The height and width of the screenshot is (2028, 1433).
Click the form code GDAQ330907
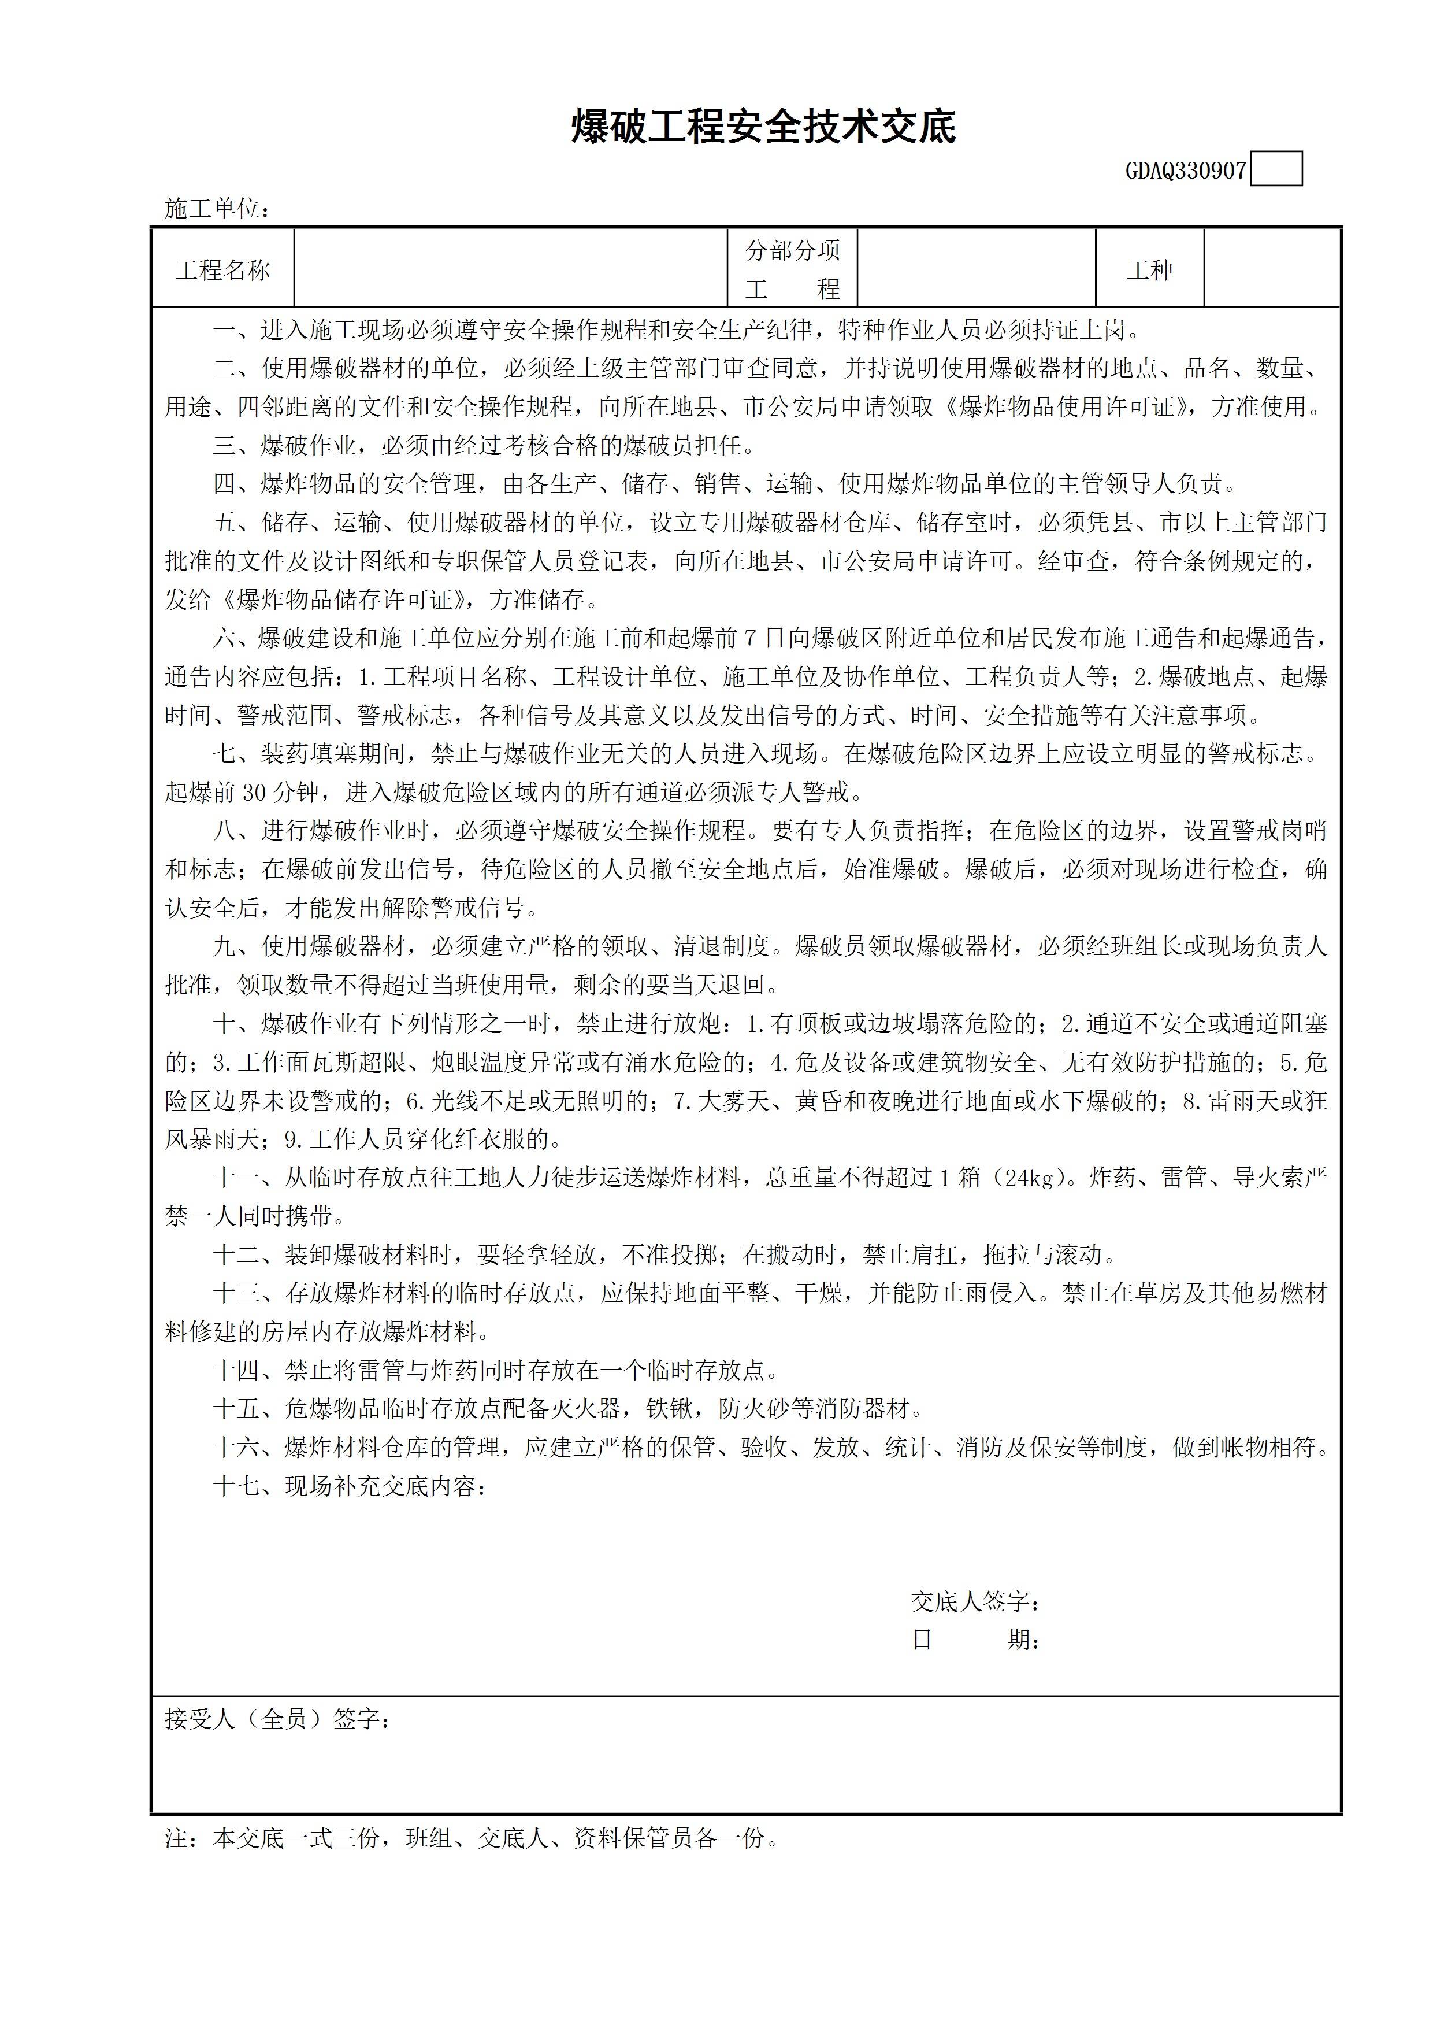click(1185, 171)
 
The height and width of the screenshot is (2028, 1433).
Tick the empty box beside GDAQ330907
click(1277, 169)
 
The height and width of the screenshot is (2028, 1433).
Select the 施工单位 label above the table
click(216, 209)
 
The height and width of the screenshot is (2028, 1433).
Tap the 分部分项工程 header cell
click(792, 269)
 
